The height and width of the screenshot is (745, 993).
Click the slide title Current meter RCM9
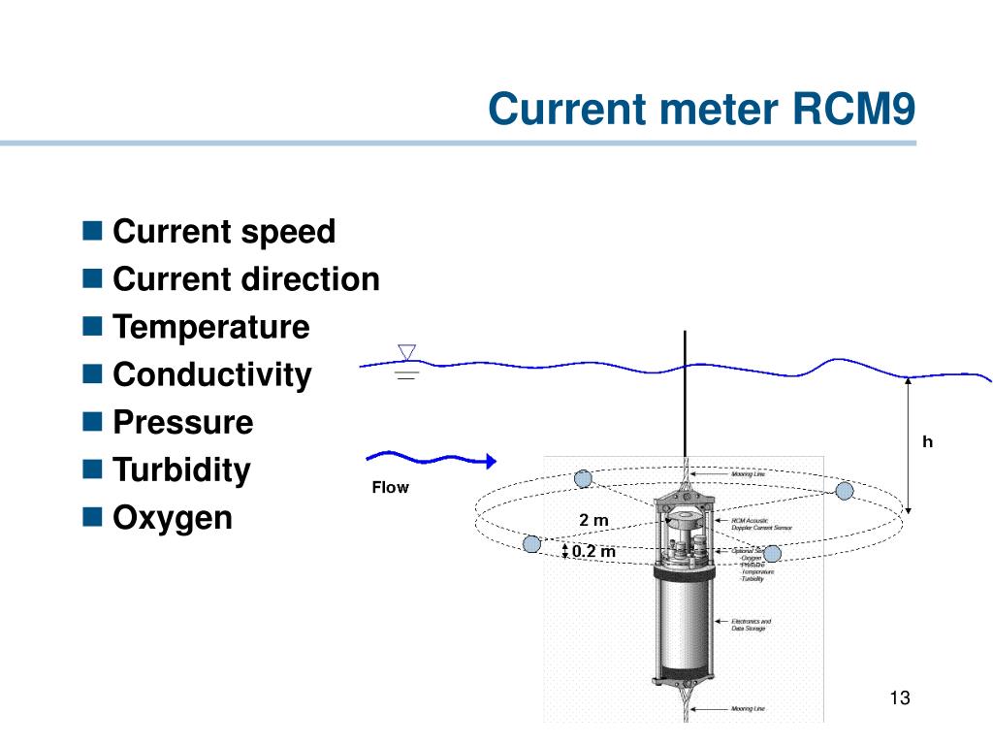coord(701,109)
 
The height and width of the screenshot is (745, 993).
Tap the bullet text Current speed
coord(224,232)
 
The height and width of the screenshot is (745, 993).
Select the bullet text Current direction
coord(246,279)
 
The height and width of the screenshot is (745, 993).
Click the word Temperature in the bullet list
coord(211,327)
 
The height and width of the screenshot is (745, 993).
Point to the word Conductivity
coord(212,374)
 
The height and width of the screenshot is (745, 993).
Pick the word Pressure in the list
coord(182,422)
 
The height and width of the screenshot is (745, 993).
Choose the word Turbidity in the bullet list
coord(181,470)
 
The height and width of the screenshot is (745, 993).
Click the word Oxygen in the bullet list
coord(173,518)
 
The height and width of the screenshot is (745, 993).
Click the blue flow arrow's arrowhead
coord(490,460)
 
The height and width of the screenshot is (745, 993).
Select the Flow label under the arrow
coord(390,488)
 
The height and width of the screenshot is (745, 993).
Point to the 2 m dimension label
coord(593,521)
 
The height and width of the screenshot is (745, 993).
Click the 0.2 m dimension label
coord(593,552)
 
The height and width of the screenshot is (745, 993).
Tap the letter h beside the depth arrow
coord(927,442)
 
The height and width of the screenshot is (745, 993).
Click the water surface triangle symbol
coord(407,352)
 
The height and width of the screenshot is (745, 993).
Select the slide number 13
coord(899,698)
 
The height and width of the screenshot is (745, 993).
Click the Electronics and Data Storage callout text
coord(751,625)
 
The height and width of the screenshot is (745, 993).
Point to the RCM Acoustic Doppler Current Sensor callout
coord(761,524)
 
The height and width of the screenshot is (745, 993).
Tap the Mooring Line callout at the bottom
coord(748,709)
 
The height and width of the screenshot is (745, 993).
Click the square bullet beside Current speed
coord(92,231)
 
